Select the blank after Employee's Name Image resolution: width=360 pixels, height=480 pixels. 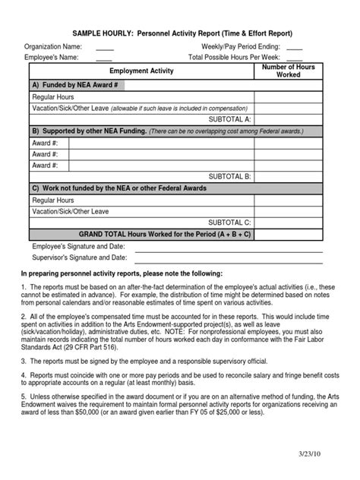coord(104,58)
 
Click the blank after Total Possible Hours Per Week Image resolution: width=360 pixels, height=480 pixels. coord(294,58)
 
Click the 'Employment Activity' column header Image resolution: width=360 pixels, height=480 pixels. coord(141,71)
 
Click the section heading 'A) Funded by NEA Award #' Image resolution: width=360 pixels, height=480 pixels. coord(74,85)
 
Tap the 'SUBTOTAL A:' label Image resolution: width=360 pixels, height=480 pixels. coord(229,119)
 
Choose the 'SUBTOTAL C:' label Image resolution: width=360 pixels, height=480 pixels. coord(229,222)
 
